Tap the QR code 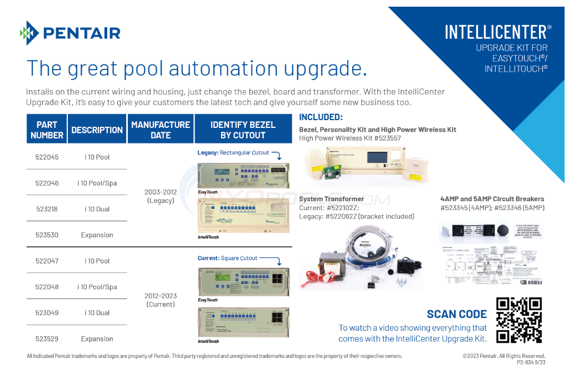(518, 320)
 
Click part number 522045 (47, 157)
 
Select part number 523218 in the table (47, 209)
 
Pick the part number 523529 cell (47, 339)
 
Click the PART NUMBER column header (47, 130)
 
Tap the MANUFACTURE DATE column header (161, 130)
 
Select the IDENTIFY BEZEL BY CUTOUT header (243, 130)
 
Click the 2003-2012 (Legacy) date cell (161, 196)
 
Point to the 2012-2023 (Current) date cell (161, 300)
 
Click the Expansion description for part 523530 (97, 235)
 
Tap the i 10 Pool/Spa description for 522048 (97, 287)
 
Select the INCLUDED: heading (321, 117)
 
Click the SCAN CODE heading (456, 314)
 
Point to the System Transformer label (331, 199)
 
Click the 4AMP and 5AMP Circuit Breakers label (492, 199)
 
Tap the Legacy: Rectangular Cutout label (233, 153)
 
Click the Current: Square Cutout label (227, 258)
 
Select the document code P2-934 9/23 (531, 362)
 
